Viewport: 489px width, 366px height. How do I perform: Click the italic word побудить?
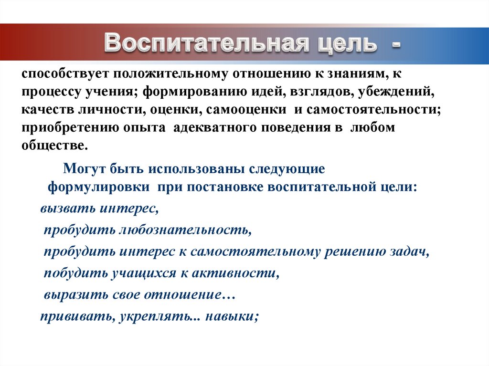(x=75, y=273)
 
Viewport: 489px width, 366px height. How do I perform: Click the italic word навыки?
(x=232, y=316)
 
